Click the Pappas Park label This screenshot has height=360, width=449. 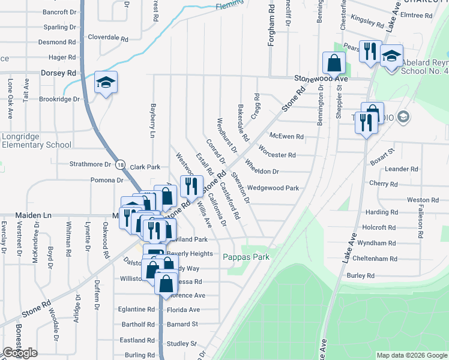[246, 257]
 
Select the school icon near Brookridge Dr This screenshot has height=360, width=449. [106, 83]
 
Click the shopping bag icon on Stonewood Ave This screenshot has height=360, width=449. [333, 62]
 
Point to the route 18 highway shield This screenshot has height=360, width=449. [121, 164]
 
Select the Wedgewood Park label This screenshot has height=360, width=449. [273, 188]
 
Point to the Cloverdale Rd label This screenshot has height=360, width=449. [108, 37]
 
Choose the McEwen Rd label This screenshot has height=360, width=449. [286, 137]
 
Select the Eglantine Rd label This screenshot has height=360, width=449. [136, 310]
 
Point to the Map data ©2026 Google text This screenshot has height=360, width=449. [411, 355]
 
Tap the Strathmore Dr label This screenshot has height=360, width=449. [91, 164]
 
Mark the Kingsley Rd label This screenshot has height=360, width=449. [367, 20]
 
